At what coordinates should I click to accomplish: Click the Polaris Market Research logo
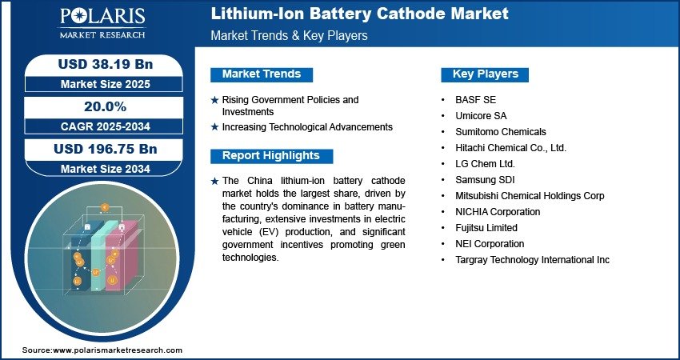[102, 23]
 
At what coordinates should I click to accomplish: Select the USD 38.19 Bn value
[106, 64]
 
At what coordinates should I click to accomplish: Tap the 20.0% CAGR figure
[105, 106]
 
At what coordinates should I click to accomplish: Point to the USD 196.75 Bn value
[106, 149]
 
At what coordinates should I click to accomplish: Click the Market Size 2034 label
[106, 169]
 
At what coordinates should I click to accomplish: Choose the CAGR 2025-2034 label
[106, 126]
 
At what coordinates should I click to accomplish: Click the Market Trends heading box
[262, 74]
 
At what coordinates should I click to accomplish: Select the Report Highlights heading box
[271, 156]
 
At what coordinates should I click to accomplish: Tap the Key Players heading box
[485, 74]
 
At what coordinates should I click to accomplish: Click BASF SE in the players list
[475, 100]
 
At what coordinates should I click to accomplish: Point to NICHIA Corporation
[498, 212]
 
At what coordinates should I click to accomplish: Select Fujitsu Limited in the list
[486, 228]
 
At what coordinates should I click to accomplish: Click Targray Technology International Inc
[532, 260]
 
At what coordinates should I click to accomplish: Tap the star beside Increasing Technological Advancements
[214, 127]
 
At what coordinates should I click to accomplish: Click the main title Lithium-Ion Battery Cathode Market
[359, 14]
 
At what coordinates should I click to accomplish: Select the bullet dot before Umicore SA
[442, 116]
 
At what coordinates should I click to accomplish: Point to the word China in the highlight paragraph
[260, 181]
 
